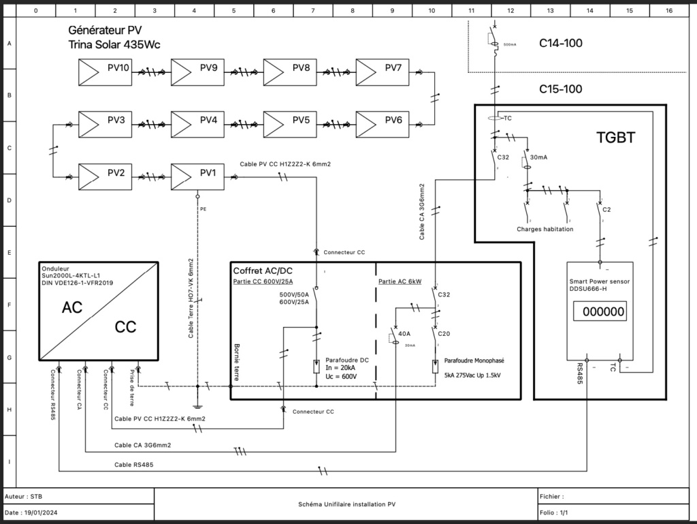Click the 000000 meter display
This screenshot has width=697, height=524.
pos(599,312)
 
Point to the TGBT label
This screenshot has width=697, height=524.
pos(615,138)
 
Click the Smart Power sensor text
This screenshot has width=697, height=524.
pos(597,280)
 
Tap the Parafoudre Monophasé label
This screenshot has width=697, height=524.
pos(474,360)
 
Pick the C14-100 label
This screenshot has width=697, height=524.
pos(561,44)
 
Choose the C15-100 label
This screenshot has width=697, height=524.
pos(561,89)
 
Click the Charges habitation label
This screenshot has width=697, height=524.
pos(545,229)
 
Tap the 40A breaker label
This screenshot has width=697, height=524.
pos(404,334)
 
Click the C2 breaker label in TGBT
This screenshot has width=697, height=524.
pos(606,209)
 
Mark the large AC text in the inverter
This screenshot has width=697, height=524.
pos(72,307)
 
